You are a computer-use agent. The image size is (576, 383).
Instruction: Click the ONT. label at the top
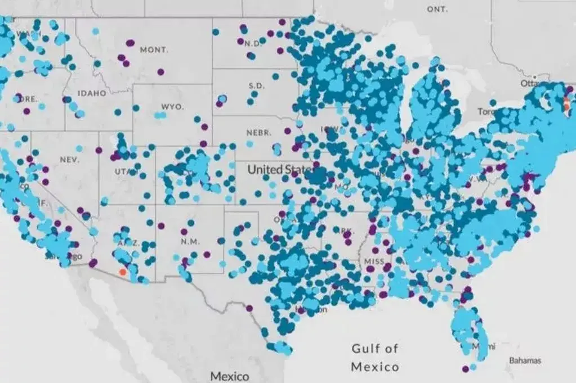point(437,10)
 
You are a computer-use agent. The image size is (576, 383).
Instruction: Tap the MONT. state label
point(154,50)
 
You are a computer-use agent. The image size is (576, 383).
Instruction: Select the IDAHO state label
point(92,93)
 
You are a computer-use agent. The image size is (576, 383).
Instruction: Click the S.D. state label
point(256,86)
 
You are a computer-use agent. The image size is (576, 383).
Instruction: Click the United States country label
point(279,169)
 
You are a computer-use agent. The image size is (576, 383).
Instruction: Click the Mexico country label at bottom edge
point(229,375)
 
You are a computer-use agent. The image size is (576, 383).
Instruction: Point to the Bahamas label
point(525,360)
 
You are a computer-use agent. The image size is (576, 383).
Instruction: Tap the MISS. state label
point(374,262)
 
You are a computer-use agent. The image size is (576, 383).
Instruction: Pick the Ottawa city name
point(530,83)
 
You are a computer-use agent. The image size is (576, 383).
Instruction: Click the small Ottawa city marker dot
point(534,76)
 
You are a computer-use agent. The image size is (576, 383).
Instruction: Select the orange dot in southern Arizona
point(123,272)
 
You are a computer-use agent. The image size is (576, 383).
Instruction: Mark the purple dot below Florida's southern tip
point(465,369)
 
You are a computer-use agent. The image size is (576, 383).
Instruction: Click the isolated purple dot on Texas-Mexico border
point(249,308)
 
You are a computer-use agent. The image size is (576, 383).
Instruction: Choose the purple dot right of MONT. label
point(161,71)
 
